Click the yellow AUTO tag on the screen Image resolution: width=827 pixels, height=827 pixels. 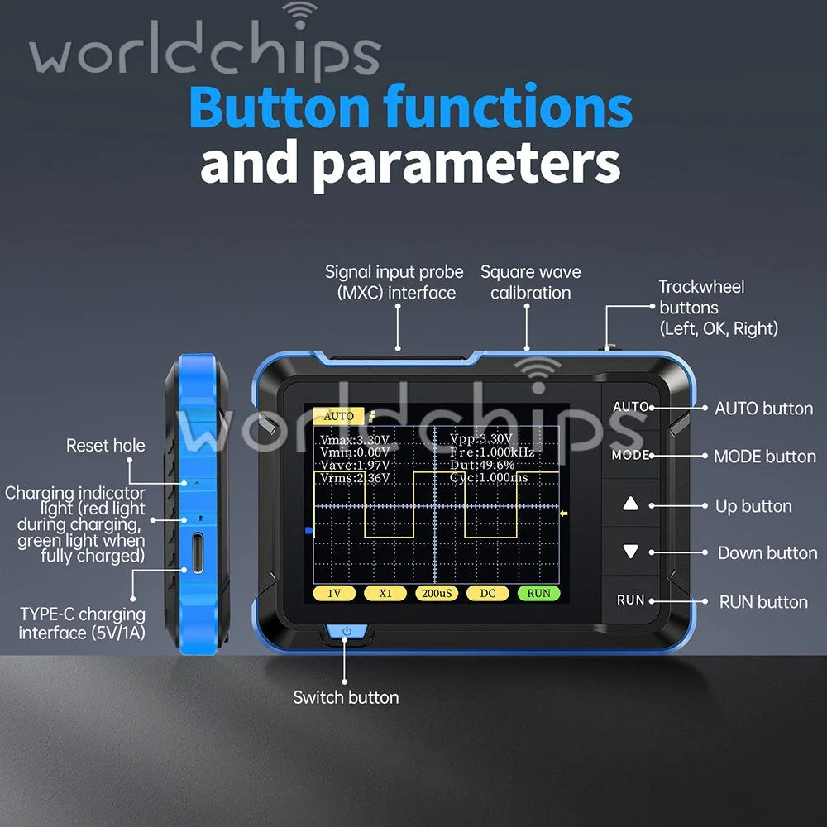[x=338, y=416]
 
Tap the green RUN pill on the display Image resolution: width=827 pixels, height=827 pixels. [x=538, y=593]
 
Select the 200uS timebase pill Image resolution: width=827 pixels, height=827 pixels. [x=437, y=593]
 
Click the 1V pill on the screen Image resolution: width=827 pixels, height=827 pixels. [x=334, y=593]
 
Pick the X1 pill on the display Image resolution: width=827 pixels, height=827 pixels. [x=385, y=593]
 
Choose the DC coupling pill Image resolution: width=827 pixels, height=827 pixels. [x=488, y=593]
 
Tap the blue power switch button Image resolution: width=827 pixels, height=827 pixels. [x=347, y=632]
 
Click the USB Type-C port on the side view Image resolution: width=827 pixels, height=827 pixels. [x=198, y=552]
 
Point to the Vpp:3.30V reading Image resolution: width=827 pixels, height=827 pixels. [x=480, y=439]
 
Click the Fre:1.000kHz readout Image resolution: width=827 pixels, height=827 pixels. [x=492, y=452]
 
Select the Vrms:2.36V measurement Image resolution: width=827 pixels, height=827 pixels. [x=355, y=478]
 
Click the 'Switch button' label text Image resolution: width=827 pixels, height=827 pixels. [x=346, y=697]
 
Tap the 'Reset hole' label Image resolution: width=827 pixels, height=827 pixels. [x=106, y=445]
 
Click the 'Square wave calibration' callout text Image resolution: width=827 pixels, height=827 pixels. [x=531, y=282]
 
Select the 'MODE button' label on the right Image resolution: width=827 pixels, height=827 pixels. [x=765, y=457]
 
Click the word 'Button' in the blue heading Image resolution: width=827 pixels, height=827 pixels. [x=280, y=107]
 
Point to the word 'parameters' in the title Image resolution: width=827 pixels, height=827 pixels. [x=466, y=165]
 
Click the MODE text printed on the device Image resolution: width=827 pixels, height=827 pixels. [x=630, y=455]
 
